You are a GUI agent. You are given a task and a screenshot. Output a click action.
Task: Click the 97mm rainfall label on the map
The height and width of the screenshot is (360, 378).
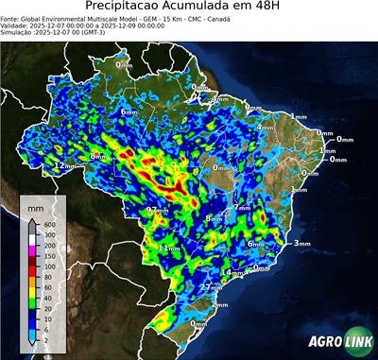pos(157,210)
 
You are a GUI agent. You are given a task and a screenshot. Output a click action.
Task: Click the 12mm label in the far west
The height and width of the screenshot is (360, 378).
pos(64,165)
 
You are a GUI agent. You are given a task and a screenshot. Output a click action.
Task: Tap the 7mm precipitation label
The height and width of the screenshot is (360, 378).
pos(242,207)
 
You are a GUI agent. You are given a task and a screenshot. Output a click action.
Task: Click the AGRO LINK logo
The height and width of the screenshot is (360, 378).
pos(335,342)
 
